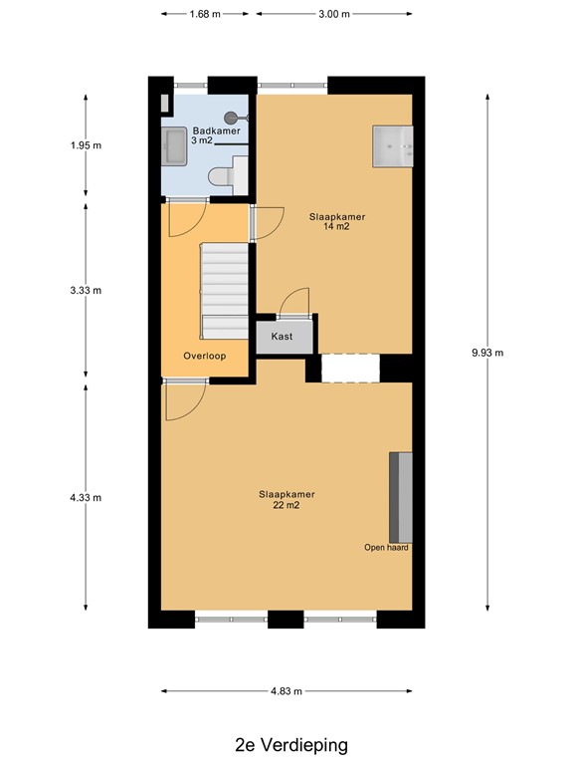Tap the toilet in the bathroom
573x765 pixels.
222,176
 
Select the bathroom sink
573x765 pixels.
172,147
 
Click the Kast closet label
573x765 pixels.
282,338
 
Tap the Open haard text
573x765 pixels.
386,547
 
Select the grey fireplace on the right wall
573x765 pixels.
400,495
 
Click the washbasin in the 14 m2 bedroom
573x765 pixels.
392,145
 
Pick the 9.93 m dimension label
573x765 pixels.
487,353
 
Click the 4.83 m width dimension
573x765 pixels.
286,690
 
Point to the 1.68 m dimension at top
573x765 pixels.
205,14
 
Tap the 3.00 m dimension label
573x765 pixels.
333,14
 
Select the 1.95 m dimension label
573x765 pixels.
86,144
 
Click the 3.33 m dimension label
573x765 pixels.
86,290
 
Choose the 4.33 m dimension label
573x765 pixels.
86,497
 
